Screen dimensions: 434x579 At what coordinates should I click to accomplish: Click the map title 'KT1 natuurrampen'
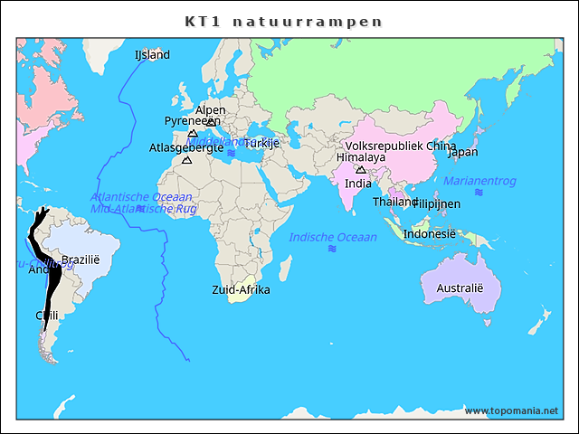click(283, 21)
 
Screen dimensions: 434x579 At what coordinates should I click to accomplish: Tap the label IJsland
click(152, 55)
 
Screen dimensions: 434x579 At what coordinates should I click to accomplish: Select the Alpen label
click(210, 110)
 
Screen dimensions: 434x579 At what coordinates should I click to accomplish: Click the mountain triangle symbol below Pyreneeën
click(193, 133)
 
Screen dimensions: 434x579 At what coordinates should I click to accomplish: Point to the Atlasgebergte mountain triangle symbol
click(187, 161)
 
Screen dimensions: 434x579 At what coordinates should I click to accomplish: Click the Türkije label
click(261, 143)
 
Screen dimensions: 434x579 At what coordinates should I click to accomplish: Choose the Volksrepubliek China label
click(400, 146)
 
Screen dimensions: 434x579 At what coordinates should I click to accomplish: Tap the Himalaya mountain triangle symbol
click(360, 169)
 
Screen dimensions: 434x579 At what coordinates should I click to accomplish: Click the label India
click(357, 184)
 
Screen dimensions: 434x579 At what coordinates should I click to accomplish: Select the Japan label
click(462, 152)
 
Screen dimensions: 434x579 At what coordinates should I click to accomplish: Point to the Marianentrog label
click(479, 181)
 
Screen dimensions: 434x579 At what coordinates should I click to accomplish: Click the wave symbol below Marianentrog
click(478, 193)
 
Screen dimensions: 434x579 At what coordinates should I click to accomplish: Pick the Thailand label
click(395, 202)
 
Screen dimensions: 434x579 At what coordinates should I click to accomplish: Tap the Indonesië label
click(429, 233)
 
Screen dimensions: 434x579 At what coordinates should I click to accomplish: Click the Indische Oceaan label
click(332, 237)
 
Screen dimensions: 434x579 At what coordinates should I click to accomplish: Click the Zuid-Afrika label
click(241, 290)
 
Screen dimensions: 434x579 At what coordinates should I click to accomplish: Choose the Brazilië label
click(80, 259)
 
